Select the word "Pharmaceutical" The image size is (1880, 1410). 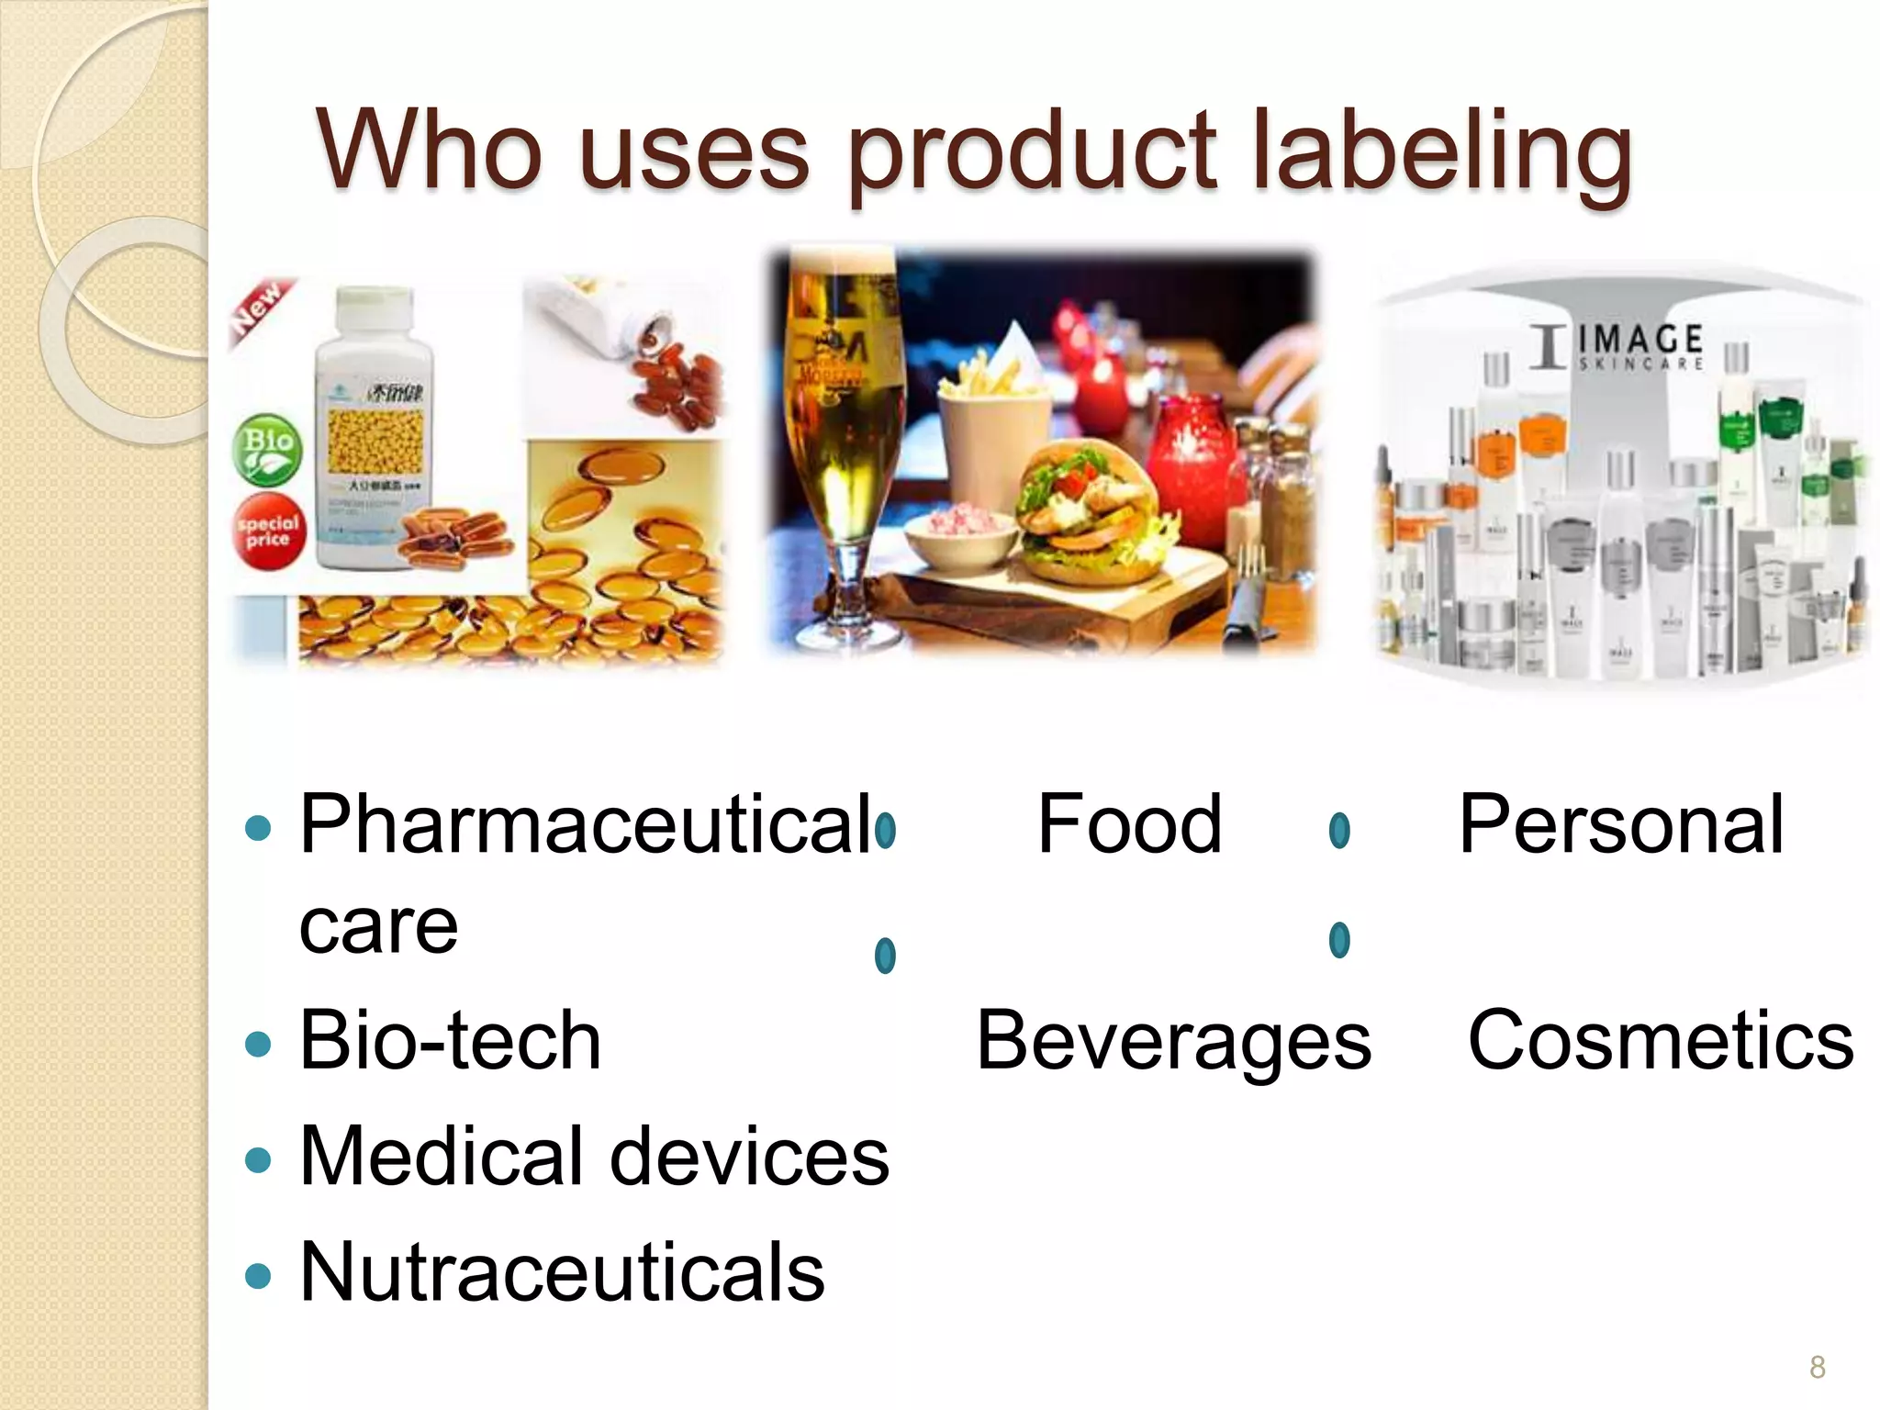[585, 824]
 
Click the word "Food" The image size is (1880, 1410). [1129, 824]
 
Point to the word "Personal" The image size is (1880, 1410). [1621, 824]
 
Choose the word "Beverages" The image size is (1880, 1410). [1173, 1040]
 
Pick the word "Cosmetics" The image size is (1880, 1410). [1661, 1040]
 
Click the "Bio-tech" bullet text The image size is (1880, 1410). [450, 1040]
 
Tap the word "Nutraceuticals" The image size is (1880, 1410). [562, 1271]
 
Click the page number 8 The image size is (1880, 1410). [1817, 1368]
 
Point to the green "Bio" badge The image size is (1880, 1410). [267, 449]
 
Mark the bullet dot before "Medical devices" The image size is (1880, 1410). [260, 1158]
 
